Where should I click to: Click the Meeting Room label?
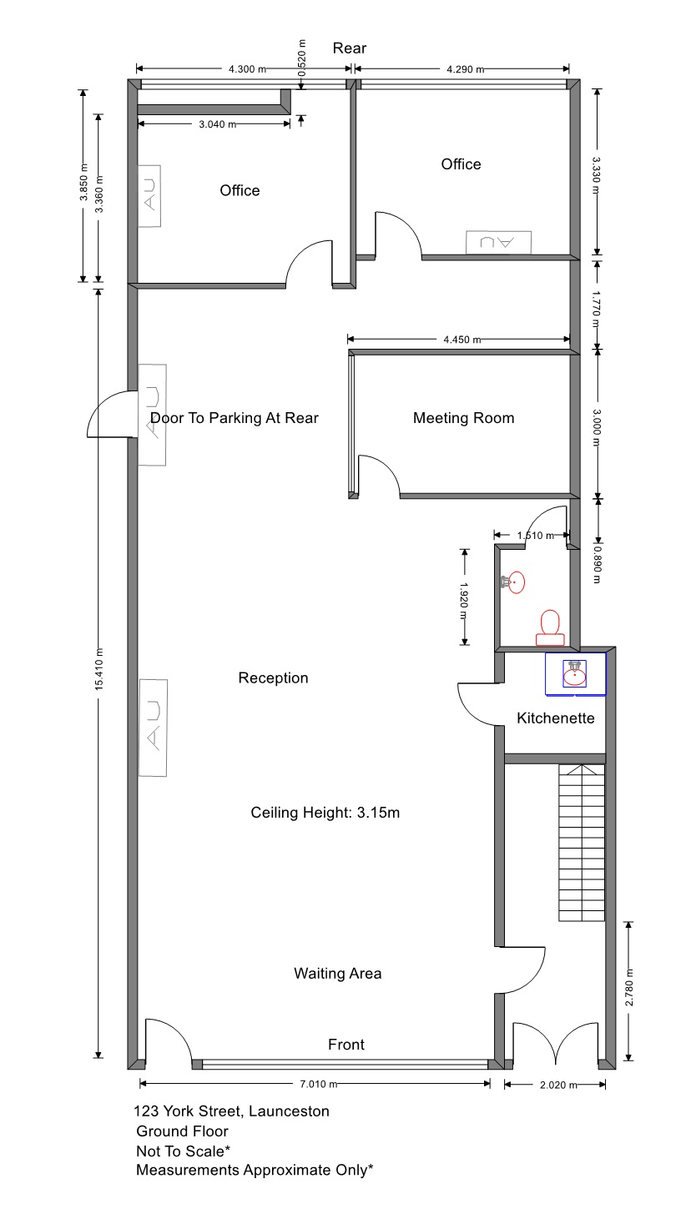(463, 418)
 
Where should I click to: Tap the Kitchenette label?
(556, 718)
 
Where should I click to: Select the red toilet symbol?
(550, 628)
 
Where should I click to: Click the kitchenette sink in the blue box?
(574, 673)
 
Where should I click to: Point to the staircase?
(582, 843)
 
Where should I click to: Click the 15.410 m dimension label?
(99, 669)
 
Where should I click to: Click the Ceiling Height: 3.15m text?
(325, 813)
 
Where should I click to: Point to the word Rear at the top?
(350, 48)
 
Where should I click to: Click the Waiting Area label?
(338, 974)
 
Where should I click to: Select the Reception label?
(274, 678)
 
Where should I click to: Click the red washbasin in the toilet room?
(514, 582)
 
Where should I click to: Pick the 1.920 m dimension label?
(464, 602)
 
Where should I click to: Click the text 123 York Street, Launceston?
(231, 1111)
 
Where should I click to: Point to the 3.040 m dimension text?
(217, 124)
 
